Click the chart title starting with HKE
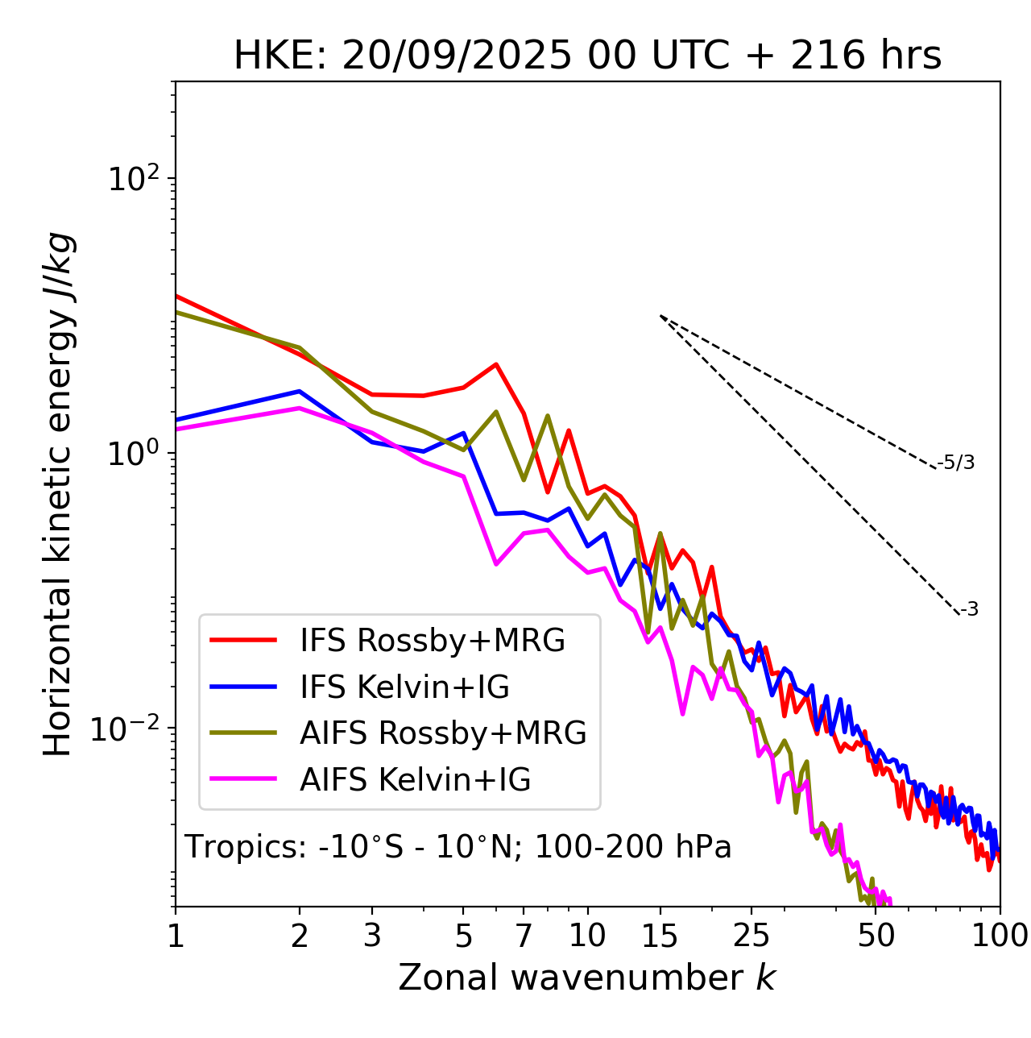[587, 56]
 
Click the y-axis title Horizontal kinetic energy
[60, 494]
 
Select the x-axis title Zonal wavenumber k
[587, 978]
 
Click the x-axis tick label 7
[524, 936]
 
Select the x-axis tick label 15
[660, 936]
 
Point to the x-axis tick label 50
[876, 936]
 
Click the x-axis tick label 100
[1000, 936]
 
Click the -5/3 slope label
[956, 463]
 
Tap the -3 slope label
[970, 610]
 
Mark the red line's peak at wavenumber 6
[496, 364]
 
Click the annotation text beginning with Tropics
[458, 847]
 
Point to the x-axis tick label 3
[372, 936]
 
